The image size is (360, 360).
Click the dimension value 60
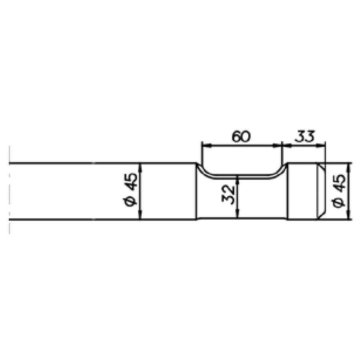point(241,137)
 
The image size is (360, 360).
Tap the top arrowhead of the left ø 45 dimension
point(140,166)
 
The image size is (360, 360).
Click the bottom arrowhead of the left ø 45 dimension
point(140,216)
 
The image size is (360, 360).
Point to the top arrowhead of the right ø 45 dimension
point(350,166)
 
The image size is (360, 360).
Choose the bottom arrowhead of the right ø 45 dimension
point(350,216)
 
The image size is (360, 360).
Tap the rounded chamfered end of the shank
point(322,191)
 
